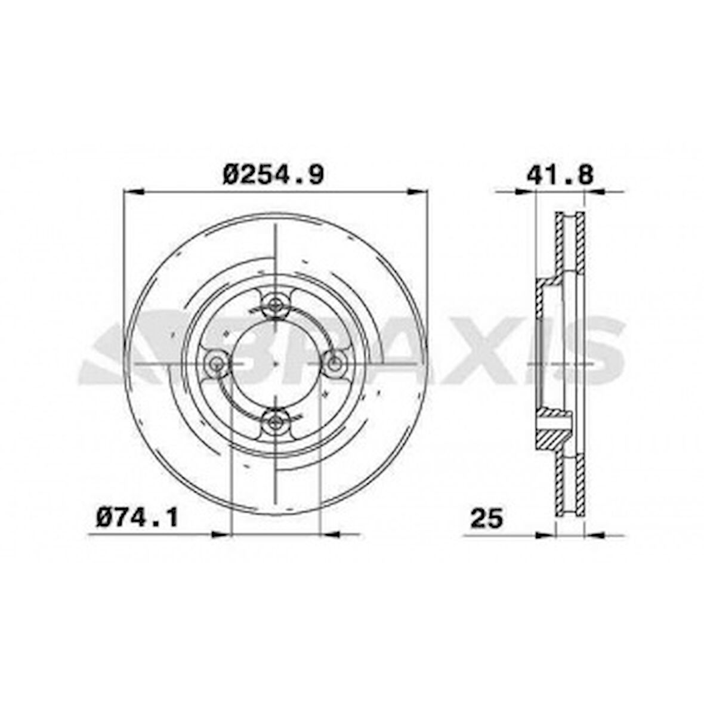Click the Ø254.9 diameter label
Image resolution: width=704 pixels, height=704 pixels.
pyautogui.click(x=273, y=174)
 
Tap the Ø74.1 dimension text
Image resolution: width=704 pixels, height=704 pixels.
pyautogui.click(x=137, y=517)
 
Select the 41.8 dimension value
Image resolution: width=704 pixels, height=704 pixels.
pyautogui.click(x=560, y=175)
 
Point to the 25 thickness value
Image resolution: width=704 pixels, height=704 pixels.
pyautogui.click(x=487, y=518)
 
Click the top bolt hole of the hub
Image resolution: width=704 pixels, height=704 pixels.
pyautogui.click(x=275, y=306)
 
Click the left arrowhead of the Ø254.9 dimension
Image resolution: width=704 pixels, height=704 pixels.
pyautogui.click(x=134, y=192)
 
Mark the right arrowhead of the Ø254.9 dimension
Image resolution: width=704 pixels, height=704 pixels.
pyautogui.click(x=417, y=192)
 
